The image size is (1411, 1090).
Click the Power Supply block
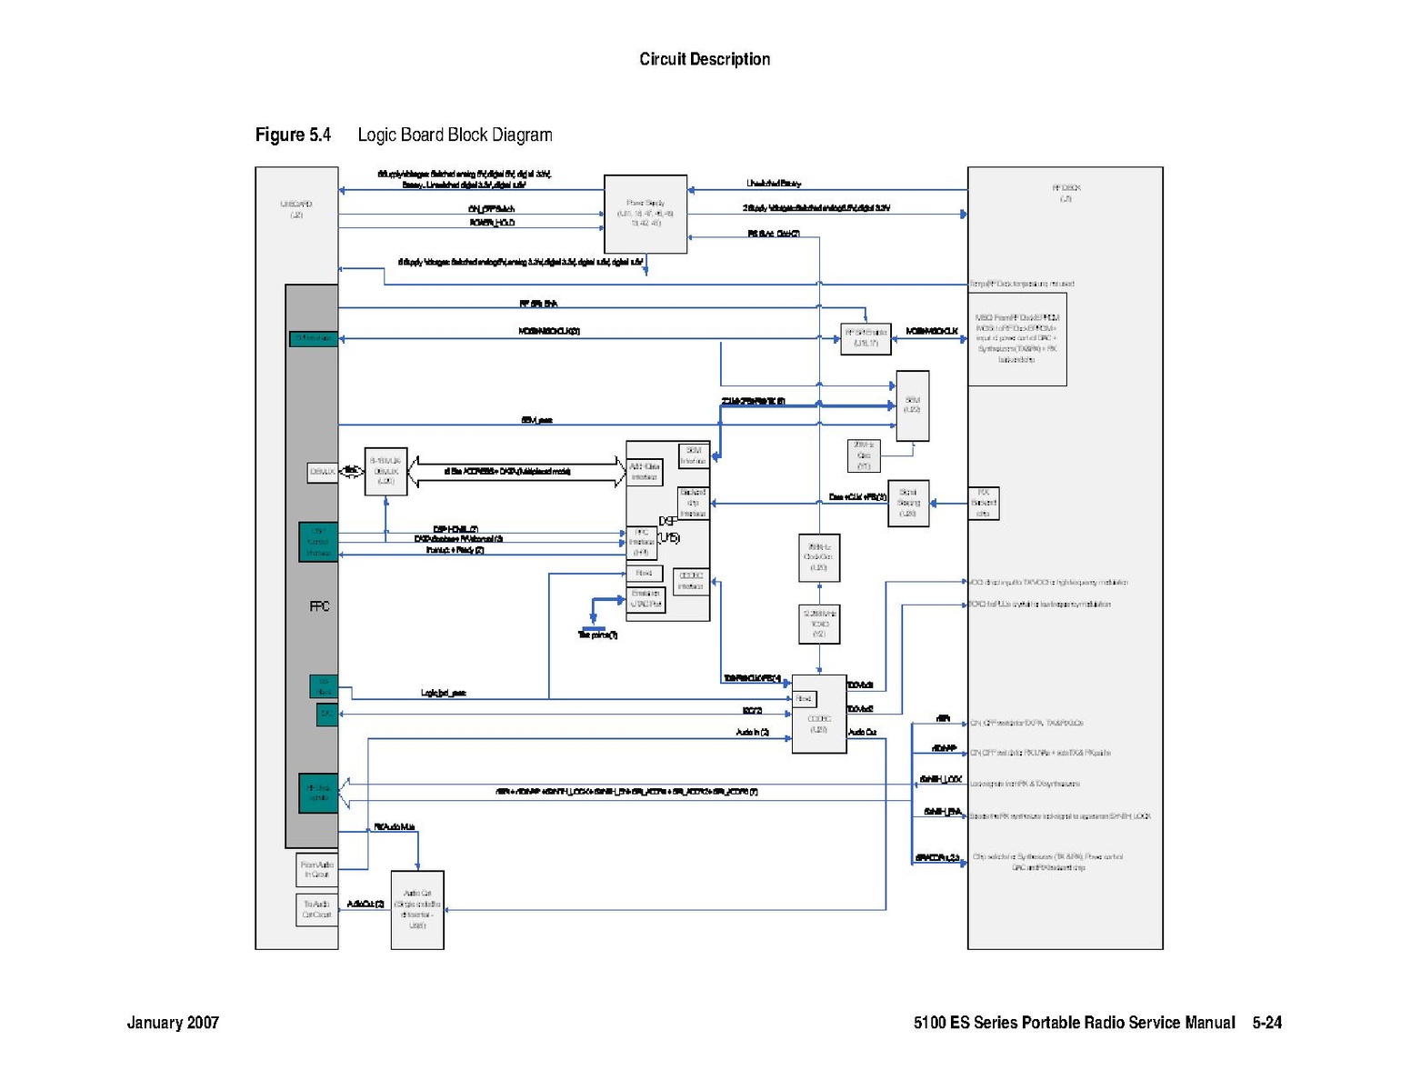click(x=645, y=214)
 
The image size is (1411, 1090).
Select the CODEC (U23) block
click(x=818, y=714)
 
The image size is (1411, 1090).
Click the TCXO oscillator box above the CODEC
click(x=819, y=624)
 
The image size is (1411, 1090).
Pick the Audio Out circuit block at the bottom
click(x=417, y=909)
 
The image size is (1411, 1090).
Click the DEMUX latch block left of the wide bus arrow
click(x=385, y=471)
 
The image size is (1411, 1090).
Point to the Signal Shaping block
click(x=908, y=503)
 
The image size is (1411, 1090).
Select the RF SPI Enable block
click(x=865, y=338)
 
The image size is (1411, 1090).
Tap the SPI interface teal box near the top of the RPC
click(x=313, y=339)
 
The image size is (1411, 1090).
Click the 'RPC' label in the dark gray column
click(x=320, y=606)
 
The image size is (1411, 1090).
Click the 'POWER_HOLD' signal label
click(x=493, y=223)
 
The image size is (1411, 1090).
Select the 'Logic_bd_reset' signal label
click(x=444, y=693)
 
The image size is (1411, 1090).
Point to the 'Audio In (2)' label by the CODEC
click(x=753, y=732)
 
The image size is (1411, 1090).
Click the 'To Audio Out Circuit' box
click(x=316, y=909)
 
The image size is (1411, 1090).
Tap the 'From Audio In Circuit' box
click(x=317, y=869)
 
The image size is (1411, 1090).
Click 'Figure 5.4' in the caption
click(x=293, y=135)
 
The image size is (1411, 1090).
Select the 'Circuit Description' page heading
click(x=705, y=60)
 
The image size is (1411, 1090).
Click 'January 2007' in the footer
click(x=173, y=1023)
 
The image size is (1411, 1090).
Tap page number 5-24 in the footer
click(x=1266, y=1023)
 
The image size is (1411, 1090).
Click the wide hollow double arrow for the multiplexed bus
click(x=516, y=471)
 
